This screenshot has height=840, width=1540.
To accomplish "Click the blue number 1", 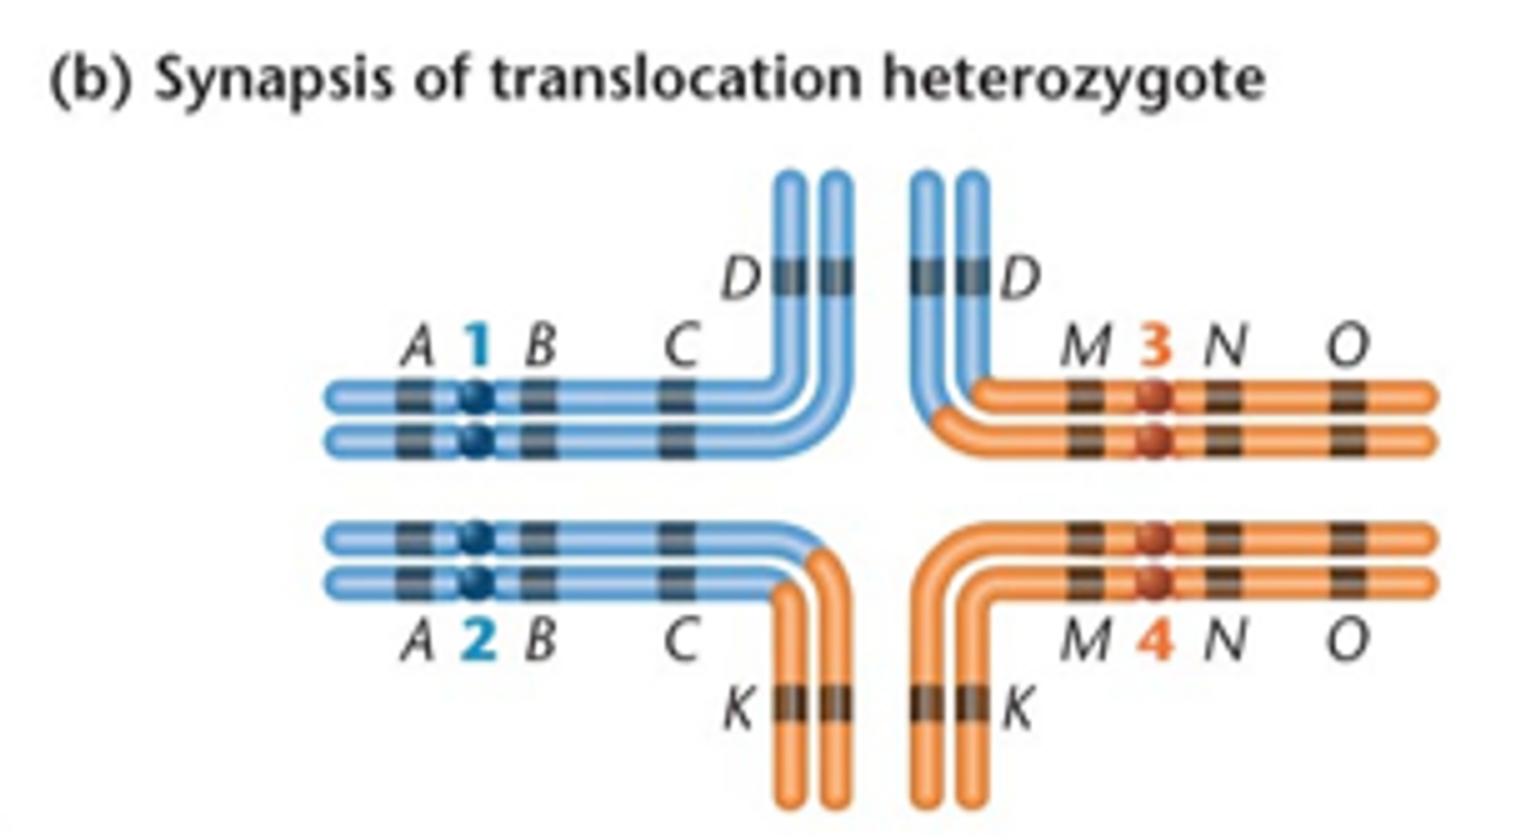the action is (478, 346).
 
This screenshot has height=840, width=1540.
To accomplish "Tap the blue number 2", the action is (478, 641).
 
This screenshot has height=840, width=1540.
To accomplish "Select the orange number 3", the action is (1155, 346).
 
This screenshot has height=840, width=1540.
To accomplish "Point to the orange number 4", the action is (1155, 641).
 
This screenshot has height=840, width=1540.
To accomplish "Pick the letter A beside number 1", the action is (417, 346).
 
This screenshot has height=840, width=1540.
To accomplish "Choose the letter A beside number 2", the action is (417, 641).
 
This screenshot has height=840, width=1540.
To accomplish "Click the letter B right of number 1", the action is (541, 346).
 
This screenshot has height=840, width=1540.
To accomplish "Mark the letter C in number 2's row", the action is (681, 641).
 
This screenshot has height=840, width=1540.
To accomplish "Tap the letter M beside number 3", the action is (1085, 346).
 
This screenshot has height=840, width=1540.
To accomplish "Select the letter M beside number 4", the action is (1085, 641).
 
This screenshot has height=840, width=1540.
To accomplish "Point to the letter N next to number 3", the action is (1224, 346).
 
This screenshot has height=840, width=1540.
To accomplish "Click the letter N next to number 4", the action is (1224, 641).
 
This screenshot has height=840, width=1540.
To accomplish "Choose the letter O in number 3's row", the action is (1347, 346).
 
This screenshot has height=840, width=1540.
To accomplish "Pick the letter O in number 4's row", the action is (1347, 641).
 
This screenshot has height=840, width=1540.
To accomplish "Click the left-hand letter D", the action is (740, 279).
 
